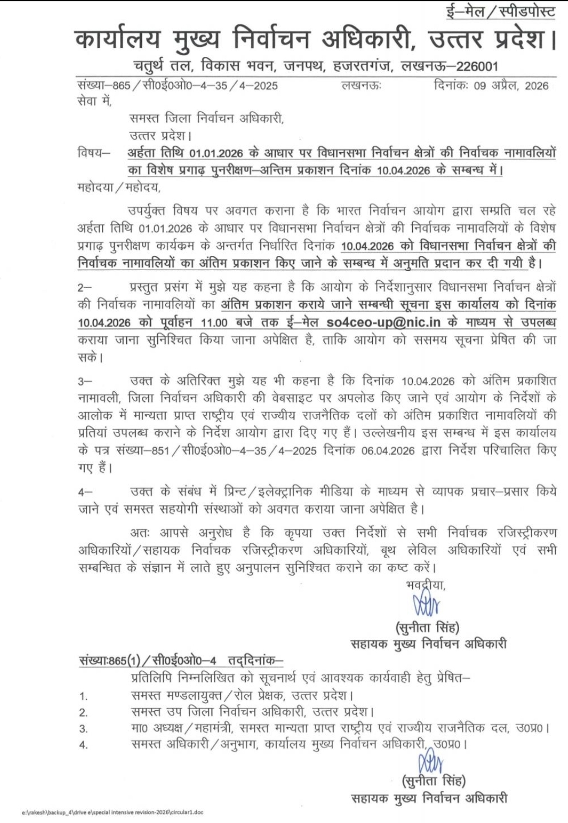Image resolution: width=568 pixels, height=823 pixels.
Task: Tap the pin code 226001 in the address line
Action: click(477, 66)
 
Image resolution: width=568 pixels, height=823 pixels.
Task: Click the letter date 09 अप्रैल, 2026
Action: click(511, 85)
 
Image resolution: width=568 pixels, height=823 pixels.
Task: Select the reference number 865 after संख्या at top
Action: click(121, 86)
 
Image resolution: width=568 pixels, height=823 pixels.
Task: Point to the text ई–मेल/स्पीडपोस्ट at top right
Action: click(501, 11)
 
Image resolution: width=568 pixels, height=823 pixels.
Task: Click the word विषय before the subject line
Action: click(92, 153)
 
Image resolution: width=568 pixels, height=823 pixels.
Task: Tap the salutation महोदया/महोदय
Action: click(119, 186)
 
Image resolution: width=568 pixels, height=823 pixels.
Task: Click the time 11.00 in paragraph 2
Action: click(214, 322)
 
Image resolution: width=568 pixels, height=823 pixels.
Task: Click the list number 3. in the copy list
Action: click(84, 729)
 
